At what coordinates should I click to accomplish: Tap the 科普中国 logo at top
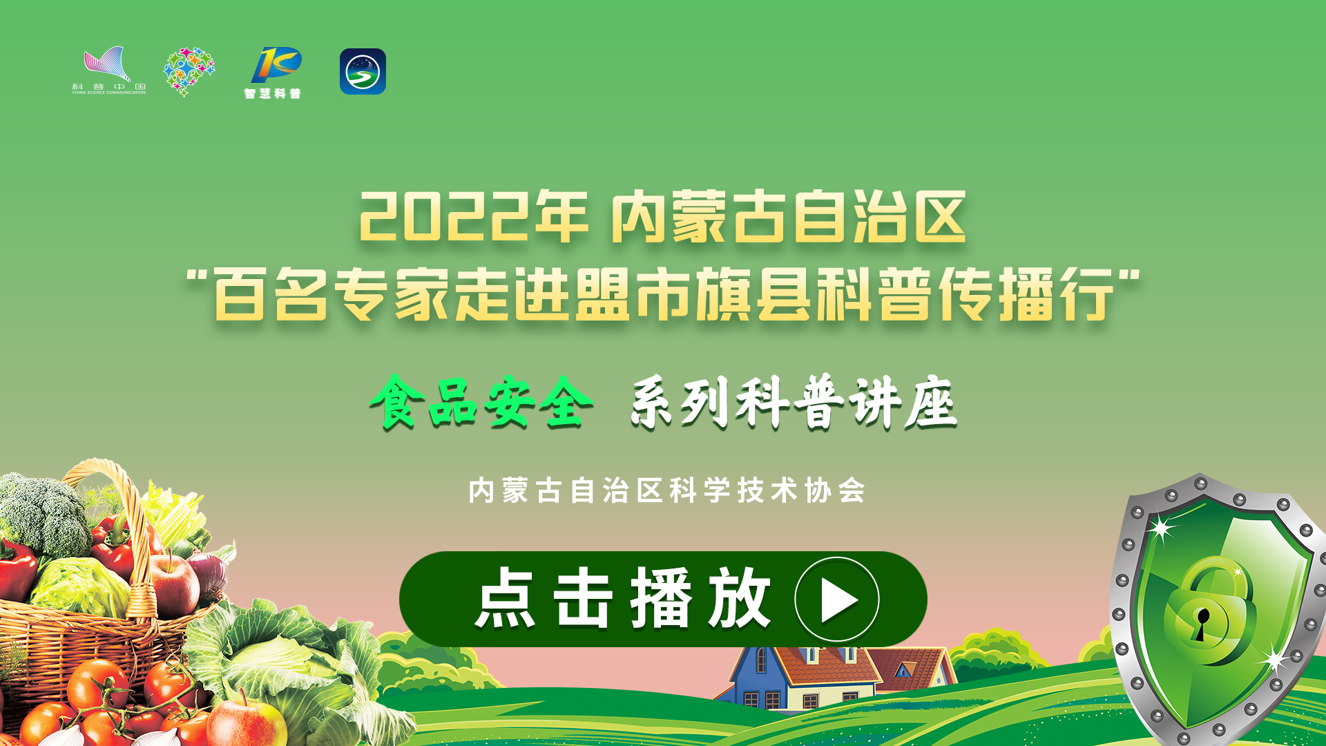(109, 70)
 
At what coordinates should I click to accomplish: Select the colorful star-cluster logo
(189, 71)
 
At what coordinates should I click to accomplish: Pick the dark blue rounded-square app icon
(363, 71)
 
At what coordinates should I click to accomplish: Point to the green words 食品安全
(481, 402)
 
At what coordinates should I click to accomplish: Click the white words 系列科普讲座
(794, 402)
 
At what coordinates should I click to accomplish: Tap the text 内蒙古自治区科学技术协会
(667, 490)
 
